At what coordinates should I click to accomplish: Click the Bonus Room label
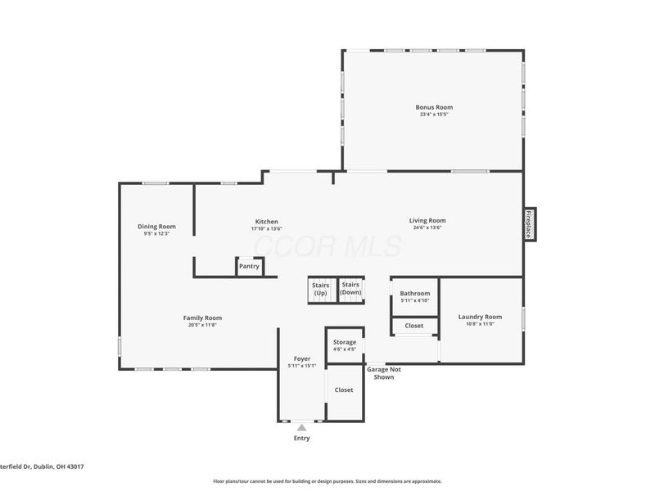point(433,107)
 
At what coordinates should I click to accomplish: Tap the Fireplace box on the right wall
point(529,224)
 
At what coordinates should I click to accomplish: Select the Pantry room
point(249,266)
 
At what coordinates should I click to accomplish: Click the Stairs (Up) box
point(320,289)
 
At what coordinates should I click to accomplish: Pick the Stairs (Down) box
point(350,288)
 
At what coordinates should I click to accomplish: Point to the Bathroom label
point(414,294)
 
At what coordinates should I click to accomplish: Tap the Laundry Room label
point(480,317)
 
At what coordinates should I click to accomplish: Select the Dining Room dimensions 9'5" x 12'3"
point(156,234)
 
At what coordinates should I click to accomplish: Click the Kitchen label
point(267,221)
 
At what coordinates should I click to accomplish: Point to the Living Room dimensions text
point(427,227)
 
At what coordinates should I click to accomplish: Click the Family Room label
point(201,318)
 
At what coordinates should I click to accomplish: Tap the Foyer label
point(302,358)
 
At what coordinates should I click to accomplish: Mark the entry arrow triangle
point(302,427)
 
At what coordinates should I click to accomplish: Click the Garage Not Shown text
point(383,373)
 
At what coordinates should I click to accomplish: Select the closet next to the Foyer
point(344,390)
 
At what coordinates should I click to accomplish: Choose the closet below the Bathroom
point(414,326)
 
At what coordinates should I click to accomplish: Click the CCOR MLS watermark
point(327,245)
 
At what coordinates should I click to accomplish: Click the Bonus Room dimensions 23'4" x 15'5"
point(433,115)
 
